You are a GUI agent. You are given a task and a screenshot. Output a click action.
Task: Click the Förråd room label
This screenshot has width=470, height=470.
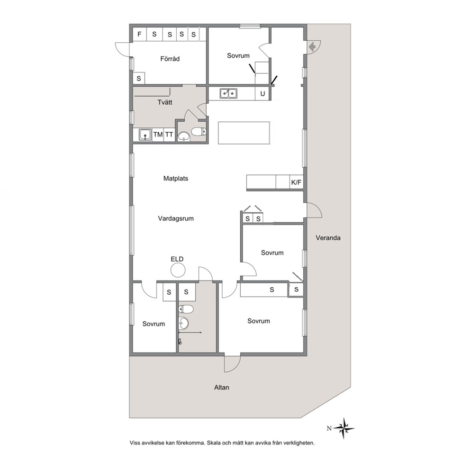tap(170, 59)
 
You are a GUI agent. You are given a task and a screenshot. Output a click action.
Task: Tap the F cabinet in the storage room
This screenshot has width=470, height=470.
tap(139, 34)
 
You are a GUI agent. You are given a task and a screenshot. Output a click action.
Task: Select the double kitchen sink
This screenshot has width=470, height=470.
tap(228, 93)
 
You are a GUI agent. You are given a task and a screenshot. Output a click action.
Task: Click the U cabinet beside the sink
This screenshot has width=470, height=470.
tap(262, 93)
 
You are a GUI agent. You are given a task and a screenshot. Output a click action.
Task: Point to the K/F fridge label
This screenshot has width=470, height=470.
tap(296, 182)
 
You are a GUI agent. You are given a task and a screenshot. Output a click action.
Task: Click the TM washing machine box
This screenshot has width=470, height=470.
tap(158, 135)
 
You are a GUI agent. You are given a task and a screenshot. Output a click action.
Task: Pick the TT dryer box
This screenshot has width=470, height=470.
tap(169, 135)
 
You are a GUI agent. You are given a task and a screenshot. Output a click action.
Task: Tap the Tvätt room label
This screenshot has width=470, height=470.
tap(165, 102)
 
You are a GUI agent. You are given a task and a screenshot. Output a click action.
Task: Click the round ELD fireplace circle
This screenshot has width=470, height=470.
tap(178, 271)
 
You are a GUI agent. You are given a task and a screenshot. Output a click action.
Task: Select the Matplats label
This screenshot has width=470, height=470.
tap(176, 178)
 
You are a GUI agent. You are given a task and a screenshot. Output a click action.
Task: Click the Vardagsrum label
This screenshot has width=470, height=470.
tap(176, 218)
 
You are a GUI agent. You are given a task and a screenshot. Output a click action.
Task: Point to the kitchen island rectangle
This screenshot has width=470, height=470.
tap(244, 133)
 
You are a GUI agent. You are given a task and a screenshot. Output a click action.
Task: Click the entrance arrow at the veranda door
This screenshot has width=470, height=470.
tap(312, 47)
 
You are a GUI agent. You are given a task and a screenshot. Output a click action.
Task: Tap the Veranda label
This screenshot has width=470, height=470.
tap(328, 238)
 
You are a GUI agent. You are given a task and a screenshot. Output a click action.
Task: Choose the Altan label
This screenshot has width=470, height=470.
tap(222, 388)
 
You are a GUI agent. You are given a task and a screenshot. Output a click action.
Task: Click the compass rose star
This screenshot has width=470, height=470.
tap(344, 428)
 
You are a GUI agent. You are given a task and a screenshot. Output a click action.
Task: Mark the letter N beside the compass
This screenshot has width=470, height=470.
tap(329, 428)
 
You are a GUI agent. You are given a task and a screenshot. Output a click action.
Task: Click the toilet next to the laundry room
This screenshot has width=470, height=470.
tap(199, 131)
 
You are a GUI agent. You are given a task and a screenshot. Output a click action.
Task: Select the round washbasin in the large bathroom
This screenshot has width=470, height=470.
tap(183, 323)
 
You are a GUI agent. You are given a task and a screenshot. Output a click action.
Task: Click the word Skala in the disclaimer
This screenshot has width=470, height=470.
tap(213, 443)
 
